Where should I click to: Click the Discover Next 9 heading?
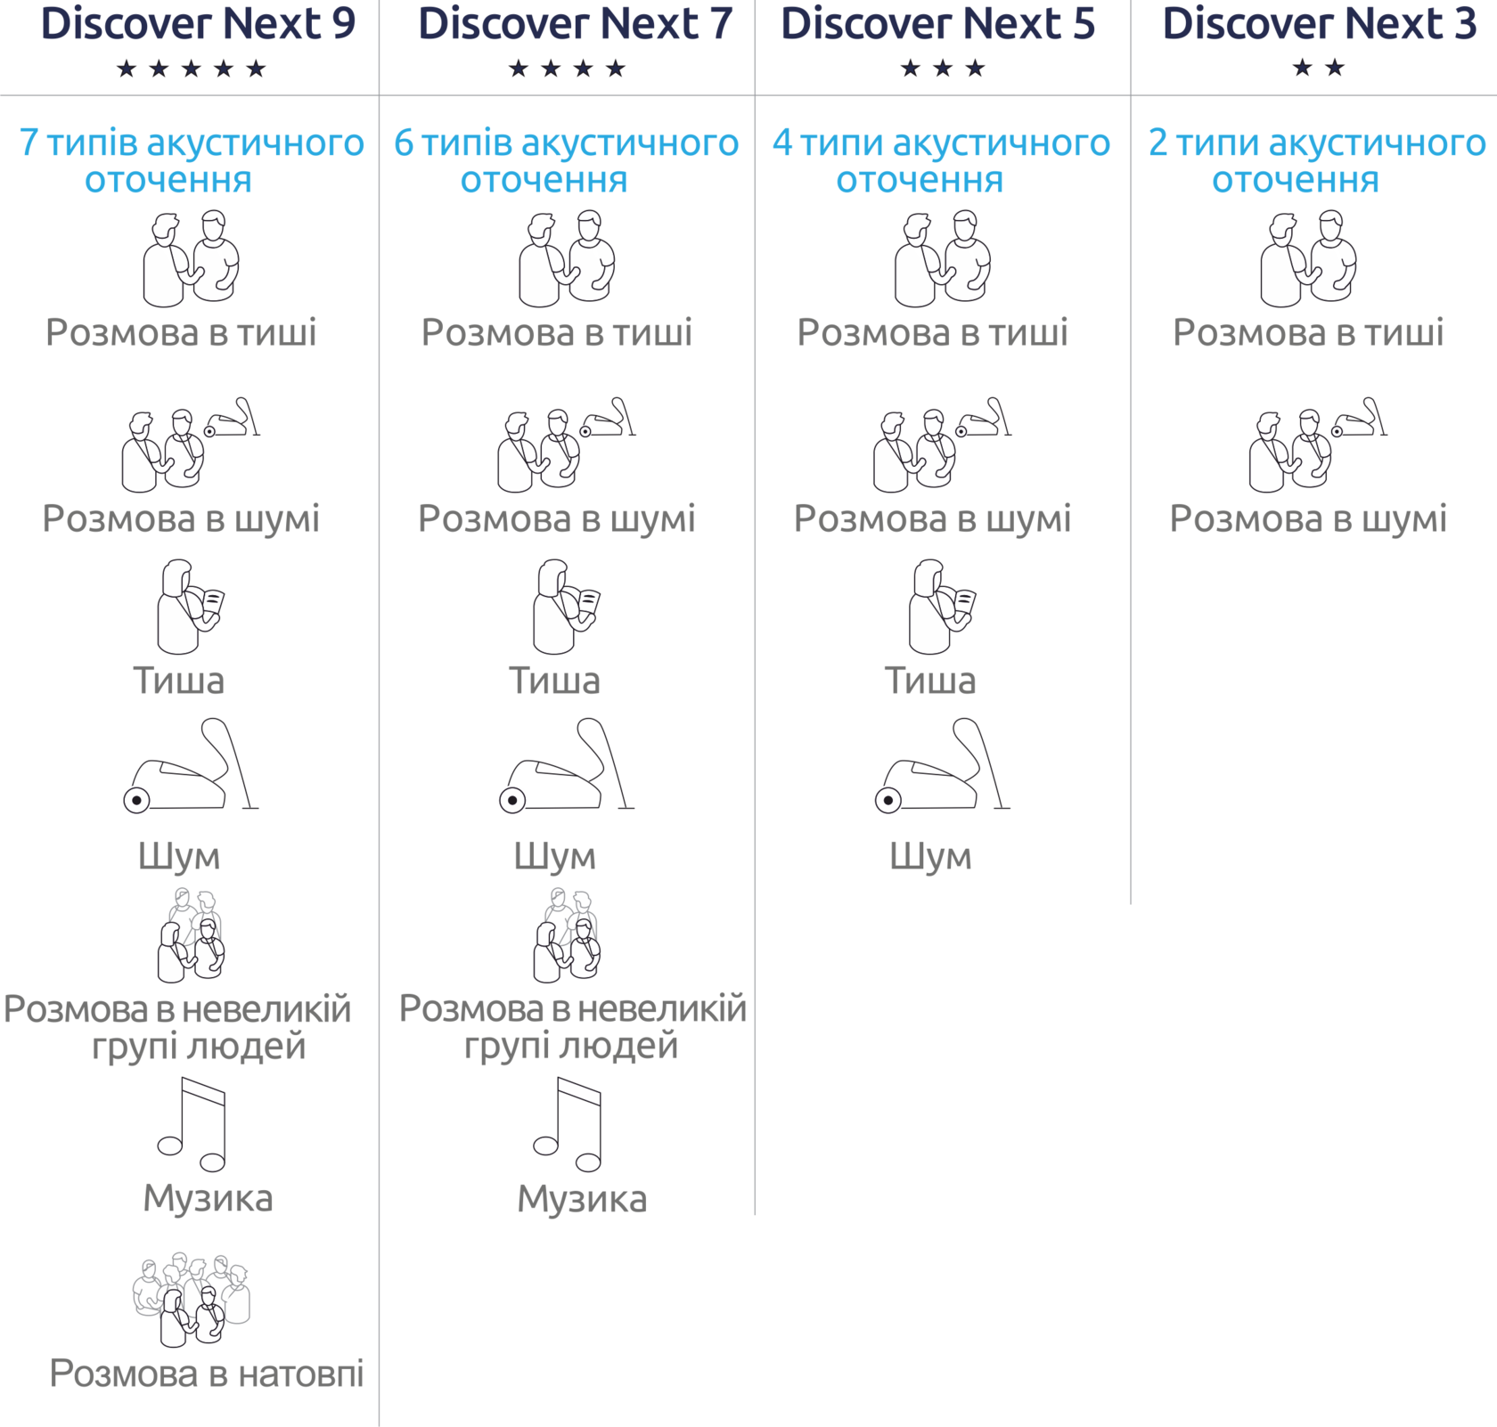pos(198,24)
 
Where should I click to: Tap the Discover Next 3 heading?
pos(1320,24)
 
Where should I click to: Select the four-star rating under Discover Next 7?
pos(567,69)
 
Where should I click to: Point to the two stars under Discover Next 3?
pos(1319,68)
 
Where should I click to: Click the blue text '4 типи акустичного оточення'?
pos(942,161)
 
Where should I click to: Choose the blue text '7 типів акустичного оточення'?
pos(192,161)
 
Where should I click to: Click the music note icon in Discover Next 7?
pos(568,1124)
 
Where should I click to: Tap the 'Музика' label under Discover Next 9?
pos(208,1199)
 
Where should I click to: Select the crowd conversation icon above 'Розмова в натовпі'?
pos(192,1299)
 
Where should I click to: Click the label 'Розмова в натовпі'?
pos(207,1374)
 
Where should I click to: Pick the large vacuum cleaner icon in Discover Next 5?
pos(943,766)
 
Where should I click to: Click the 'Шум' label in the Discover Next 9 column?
pos(179,857)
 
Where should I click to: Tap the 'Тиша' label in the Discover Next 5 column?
pos(930,681)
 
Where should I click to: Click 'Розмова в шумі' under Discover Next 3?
pos(1308,519)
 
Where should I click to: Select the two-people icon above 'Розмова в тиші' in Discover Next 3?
pos(1308,258)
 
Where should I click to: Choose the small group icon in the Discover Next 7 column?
pos(567,935)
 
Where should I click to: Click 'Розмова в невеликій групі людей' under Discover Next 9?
pos(177,1027)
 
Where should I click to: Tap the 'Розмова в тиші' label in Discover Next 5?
pos(932,333)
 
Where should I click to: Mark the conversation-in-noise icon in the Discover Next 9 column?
pos(191,444)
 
